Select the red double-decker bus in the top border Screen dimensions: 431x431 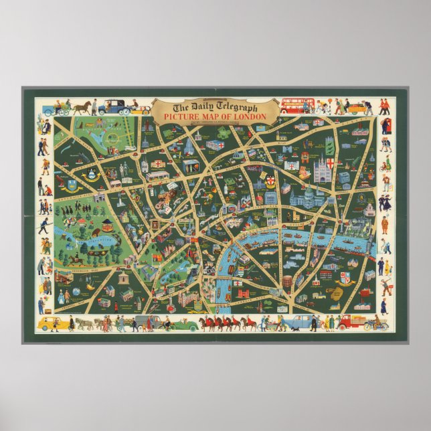tap(297, 106)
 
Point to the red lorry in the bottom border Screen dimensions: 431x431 tap(351, 322)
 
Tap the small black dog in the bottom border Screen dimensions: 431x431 tap(280, 329)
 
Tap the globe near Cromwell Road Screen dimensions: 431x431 tap(76, 292)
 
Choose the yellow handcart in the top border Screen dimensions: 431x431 tap(358, 108)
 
